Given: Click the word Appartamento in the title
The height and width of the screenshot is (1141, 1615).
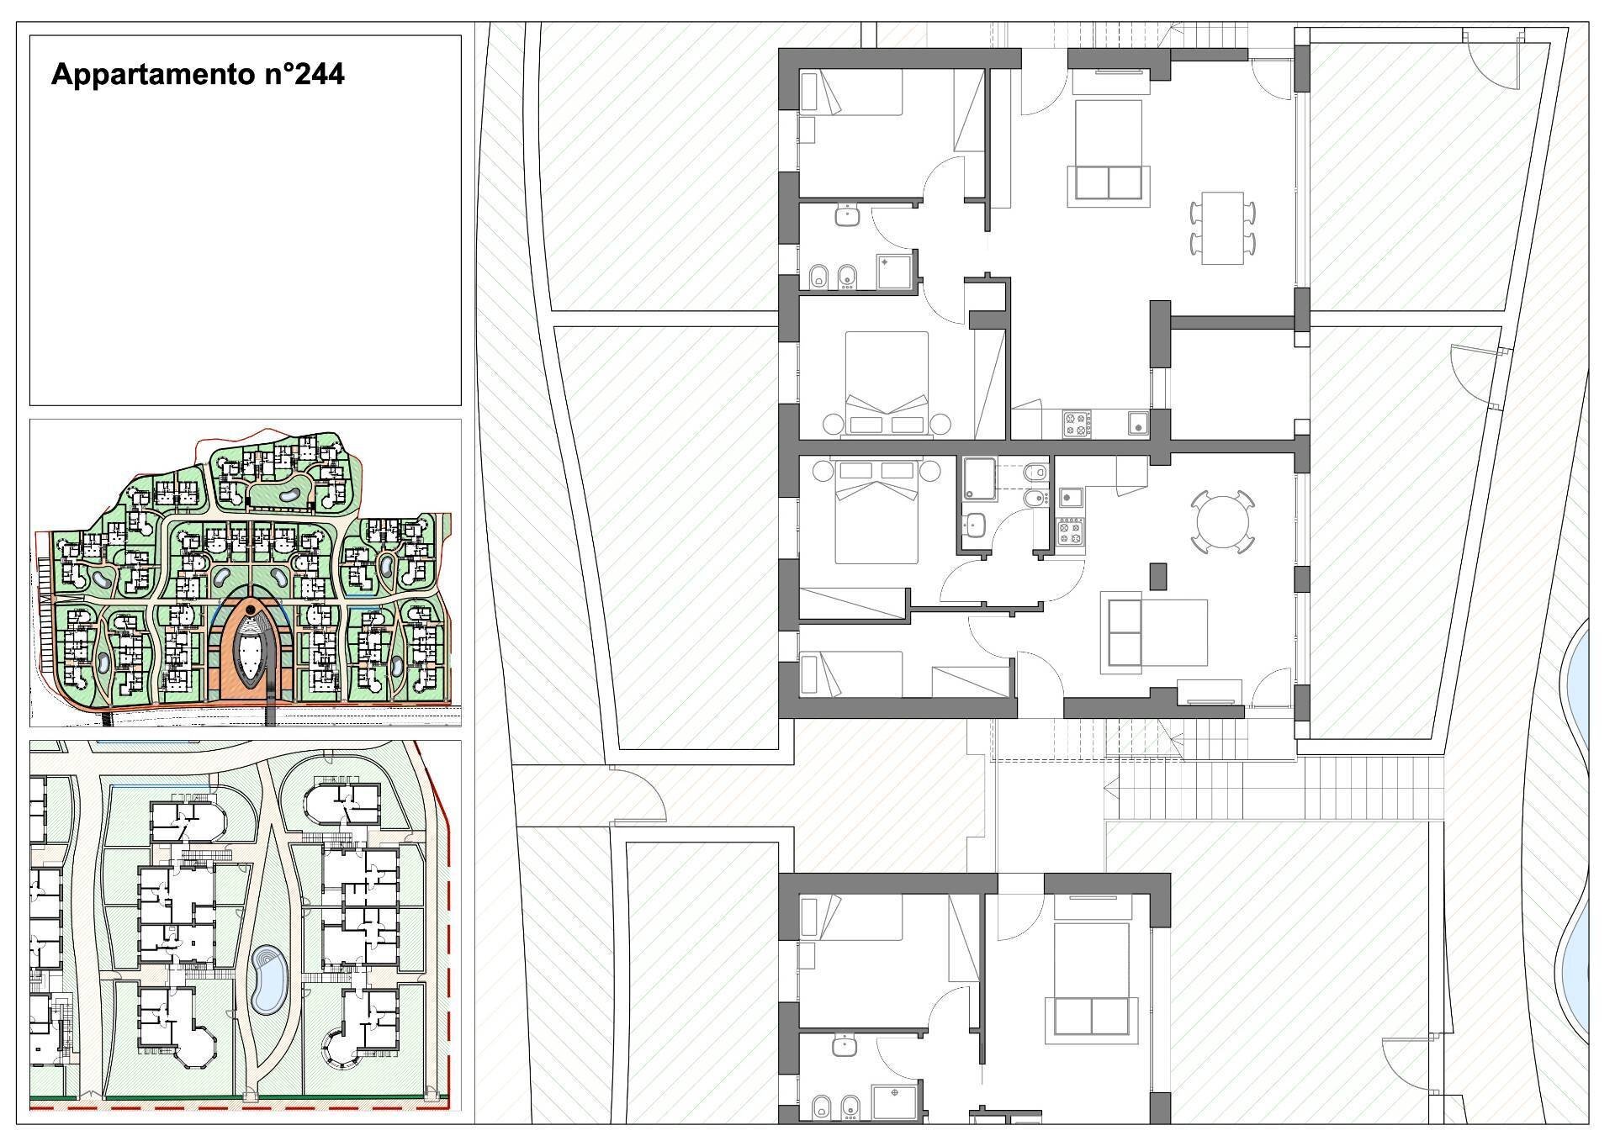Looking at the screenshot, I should click(x=145, y=75).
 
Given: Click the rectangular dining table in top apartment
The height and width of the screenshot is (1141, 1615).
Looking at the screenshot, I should click(x=1222, y=228).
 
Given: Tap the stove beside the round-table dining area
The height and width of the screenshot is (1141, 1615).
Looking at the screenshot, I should click(x=1071, y=532).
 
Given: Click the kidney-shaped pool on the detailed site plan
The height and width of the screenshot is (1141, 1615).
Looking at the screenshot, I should click(x=268, y=980).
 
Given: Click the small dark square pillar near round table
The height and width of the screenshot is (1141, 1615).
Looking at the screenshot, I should click(x=1159, y=575).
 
